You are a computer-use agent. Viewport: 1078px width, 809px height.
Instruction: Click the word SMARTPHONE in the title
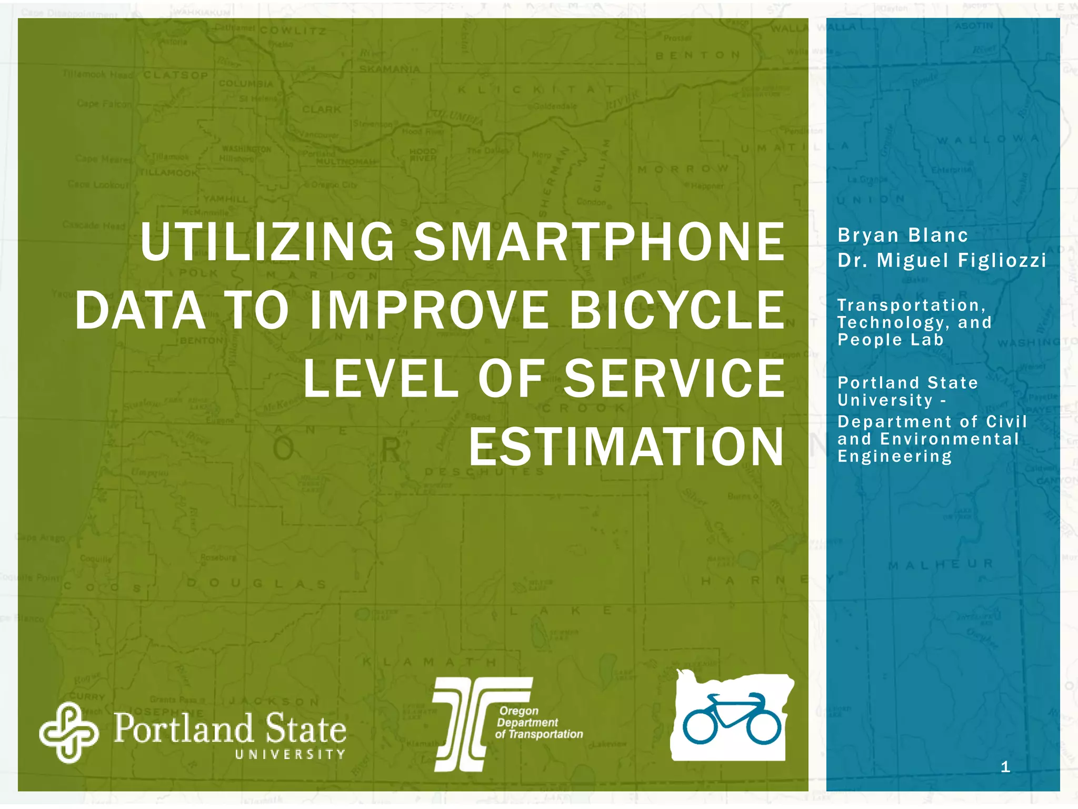point(598,242)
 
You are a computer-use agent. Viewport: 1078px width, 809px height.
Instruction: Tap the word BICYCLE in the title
point(677,311)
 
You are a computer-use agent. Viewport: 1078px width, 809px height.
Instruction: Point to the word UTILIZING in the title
point(267,242)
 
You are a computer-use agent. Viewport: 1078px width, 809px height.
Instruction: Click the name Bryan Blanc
point(903,235)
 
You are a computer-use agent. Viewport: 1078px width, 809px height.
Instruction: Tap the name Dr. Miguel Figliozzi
point(942,260)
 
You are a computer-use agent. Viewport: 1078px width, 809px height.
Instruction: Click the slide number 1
point(1005,767)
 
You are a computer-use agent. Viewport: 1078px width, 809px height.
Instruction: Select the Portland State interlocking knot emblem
point(68,733)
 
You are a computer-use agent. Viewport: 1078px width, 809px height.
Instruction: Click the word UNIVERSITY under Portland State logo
point(290,754)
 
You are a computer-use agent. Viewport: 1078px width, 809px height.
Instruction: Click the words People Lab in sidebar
point(891,340)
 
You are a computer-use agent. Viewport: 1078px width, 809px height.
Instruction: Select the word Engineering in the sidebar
point(895,456)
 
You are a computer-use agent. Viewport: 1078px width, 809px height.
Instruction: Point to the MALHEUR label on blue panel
point(940,565)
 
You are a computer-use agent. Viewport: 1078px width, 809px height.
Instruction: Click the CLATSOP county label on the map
point(175,75)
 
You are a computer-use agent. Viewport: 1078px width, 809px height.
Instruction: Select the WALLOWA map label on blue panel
point(987,140)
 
